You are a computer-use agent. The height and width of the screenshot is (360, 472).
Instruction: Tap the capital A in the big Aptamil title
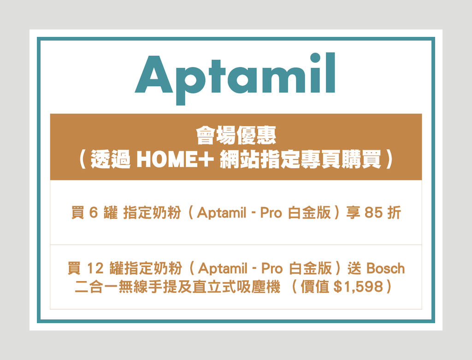tap(154, 74)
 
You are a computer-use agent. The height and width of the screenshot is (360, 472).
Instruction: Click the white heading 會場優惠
tap(236, 136)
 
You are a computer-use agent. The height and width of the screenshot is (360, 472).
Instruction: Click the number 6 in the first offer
tap(94, 212)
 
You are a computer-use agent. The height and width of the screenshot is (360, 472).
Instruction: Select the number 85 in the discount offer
tap(373, 212)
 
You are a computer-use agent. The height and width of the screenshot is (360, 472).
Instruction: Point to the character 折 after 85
tap(394, 212)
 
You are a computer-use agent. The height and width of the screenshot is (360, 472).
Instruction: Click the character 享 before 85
tap(354, 212)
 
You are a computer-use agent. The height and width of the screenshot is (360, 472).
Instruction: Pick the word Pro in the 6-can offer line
tap(271, 213)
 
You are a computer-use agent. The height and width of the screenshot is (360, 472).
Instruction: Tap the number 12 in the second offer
tap(95, 268)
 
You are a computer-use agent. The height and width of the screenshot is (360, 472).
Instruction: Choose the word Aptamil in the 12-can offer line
tap(223, 268)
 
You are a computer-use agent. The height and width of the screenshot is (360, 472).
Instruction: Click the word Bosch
tap(386, 268)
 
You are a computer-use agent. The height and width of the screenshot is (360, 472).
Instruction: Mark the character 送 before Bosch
tap(354, 268)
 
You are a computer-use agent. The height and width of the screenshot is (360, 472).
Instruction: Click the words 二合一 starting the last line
tap(96, 286)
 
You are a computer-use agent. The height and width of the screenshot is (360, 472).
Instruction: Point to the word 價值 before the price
tap(315, 286)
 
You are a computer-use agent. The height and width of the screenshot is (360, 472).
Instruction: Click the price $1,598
tap(359, 287)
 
